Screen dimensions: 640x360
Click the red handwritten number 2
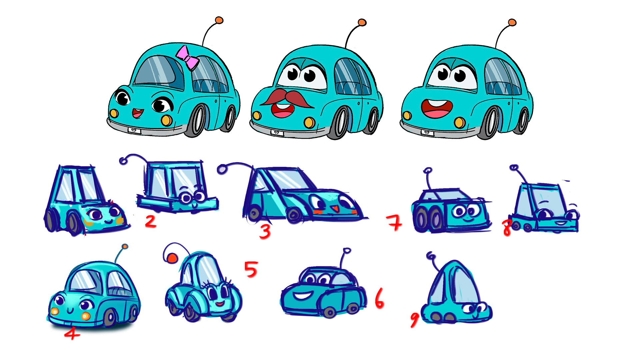(x=151, y=221)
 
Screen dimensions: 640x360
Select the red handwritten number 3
(x=265, y=231)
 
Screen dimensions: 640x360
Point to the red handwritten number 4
(x=72, y=333)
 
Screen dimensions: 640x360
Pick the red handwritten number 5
(x=251, y=269)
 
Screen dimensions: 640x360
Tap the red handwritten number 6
(x=379, y=299)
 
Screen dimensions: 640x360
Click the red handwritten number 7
(x=394, y=223)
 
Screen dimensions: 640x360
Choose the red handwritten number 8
(x=507, y=228)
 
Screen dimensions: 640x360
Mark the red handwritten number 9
(x=415, y=320)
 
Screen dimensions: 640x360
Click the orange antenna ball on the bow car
(x=219, y=20)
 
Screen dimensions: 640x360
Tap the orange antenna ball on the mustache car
(x=362, y=23)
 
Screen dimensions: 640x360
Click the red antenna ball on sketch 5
(x=172, y=258)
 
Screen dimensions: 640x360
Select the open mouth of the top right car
(x=437, y=108)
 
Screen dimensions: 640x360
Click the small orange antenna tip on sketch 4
(x=125, y=247)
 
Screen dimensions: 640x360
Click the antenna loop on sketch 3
(x=222, y=169)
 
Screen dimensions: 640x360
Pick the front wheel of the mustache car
(x=339, y=123)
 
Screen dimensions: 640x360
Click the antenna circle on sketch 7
(x=428, y=171)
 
